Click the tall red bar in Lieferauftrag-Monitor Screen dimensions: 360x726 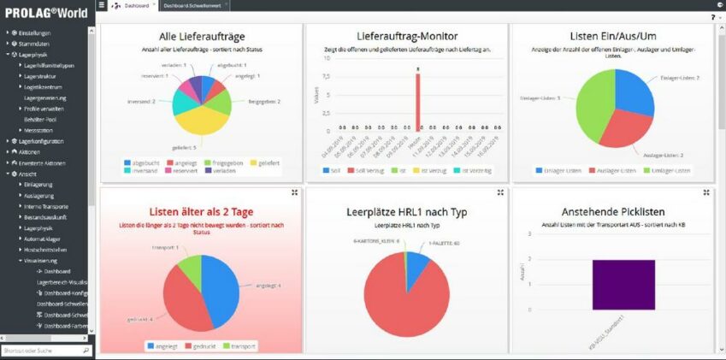pos(417,103)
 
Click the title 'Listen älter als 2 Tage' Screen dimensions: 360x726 pos(200,211)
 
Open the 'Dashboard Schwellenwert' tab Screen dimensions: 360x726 pos(187,5)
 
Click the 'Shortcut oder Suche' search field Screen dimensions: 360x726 pos(41,351)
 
